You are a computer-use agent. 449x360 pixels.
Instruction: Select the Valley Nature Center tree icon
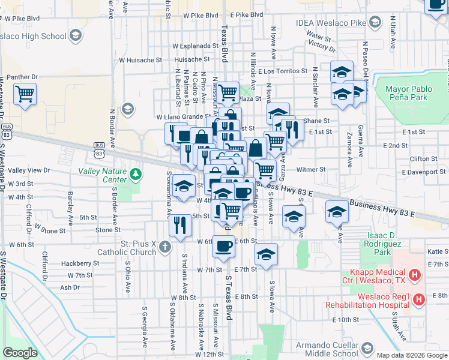click(136, 175)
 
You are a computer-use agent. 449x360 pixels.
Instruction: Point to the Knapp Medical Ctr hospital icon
click(414, 276)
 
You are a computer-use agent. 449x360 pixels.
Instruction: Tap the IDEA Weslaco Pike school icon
click(375, 23)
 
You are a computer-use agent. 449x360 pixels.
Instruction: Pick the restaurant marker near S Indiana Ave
click(180, 225)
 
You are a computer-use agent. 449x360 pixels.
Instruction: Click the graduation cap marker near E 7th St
click(266, 254)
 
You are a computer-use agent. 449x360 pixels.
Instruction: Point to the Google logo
click(20, 353)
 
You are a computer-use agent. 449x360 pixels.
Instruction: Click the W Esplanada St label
click(195, 46)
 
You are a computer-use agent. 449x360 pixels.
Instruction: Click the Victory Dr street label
click(320, 46)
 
